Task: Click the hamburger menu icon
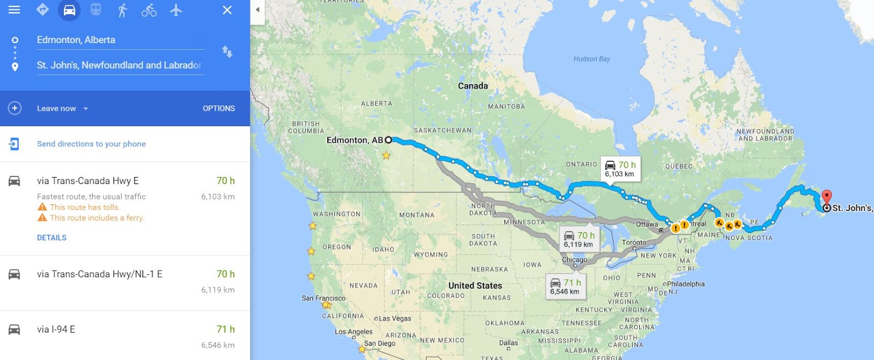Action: tap(14, 10)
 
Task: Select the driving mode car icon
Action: tap(69, 10)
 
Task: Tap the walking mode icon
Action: tap(122, 10)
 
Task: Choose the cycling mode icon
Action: tap(149, 10)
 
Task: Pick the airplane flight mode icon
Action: tap(175, 10)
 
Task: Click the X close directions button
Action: tap(227, 10)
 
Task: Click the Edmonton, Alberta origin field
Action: tap(120, 40)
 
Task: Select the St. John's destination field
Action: tap(120, 65)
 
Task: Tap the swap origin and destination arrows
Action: tap(227, 52)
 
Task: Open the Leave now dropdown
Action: tap(62, 108)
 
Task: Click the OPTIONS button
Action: tap(218, 108)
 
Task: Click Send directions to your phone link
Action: tap(91, 144)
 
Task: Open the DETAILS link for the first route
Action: tap(52, 238)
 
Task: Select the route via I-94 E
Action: tap(56, 329)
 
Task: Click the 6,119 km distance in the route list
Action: tap(218, 290)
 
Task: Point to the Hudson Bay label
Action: tap(592, 59)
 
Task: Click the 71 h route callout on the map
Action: tap(565, 286)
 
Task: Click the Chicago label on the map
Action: tap(575, 259)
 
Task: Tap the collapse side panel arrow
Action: tap(257, 9)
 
